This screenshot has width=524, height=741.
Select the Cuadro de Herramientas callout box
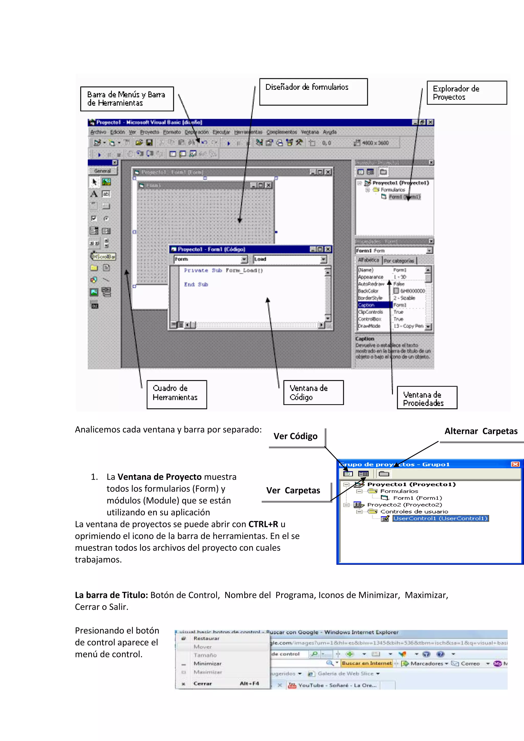(177, 394)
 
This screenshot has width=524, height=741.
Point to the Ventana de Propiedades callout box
(427, 398)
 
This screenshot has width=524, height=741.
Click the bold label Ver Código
(295, 436)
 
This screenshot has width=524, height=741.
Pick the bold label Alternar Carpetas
(481, 431)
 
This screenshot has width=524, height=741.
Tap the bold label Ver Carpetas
(293, 490)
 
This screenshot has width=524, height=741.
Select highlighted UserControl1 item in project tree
(440, 518)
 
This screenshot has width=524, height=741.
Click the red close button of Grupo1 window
(515, 464)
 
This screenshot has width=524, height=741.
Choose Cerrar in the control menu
(203, 683)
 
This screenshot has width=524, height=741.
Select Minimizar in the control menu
(208, 663)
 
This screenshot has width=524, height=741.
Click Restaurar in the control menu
(206, 638)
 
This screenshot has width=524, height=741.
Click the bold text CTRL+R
(263, 524)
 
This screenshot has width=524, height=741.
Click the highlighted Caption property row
(374, 305)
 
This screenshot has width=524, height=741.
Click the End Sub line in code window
(196, 284)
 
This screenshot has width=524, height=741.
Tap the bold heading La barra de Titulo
(111, 595)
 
